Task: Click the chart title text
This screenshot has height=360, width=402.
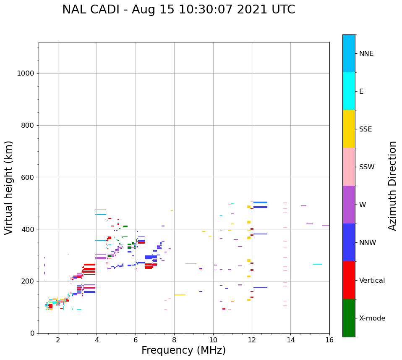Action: coord(178,10)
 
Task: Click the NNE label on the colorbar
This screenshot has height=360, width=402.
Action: coord(366,54)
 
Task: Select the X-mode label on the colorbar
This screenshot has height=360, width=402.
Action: coord(372,318)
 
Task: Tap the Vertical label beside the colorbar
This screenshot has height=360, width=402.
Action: coord(372,281)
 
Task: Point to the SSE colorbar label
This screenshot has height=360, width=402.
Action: coord(365,129)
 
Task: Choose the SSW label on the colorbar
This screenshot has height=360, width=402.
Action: coord(367,167)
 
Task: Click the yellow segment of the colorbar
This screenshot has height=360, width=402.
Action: coord(349,129)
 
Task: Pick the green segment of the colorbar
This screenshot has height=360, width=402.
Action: coord(349,318)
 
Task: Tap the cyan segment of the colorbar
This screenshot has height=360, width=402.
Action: coord(349,91)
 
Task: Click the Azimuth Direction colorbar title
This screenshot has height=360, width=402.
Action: coord(392,186)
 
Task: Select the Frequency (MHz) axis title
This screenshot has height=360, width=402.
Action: coord(183,350)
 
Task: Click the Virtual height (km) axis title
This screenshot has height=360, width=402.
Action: coord(9,188)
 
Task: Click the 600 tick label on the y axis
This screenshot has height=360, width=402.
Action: coord(27,177)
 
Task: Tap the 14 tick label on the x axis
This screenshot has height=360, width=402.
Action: coord(290,340)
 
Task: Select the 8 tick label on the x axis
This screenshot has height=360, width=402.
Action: coord(174,340)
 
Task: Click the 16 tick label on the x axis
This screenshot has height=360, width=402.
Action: coord(329,340)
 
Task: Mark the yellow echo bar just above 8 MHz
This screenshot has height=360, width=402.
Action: coord(180,295)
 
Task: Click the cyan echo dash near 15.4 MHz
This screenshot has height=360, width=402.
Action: coord(318,264)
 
